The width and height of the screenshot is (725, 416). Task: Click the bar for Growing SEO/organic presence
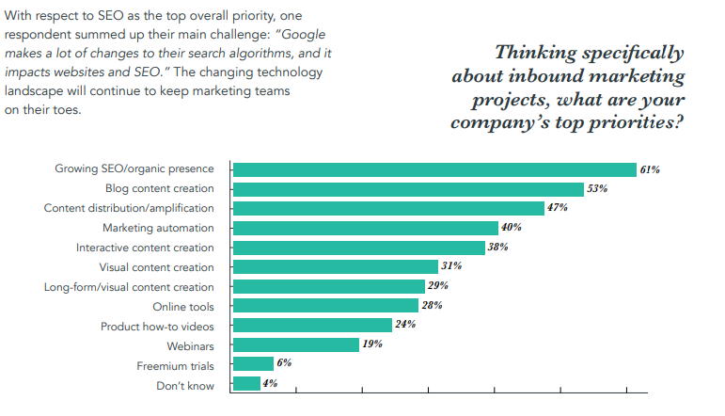coord(434,169)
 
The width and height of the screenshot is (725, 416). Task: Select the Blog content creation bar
coord(408,189)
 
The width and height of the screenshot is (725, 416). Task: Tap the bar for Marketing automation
coord(365,228)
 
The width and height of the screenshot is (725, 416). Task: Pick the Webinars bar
coord(295,344)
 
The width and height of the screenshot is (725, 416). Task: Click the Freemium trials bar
coord(253,363)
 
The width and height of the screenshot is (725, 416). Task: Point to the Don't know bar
coord(246,383)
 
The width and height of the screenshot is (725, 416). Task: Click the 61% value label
coord(650,169)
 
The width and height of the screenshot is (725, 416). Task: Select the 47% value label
coord(558,208)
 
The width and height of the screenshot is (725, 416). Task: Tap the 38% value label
coord(498,248)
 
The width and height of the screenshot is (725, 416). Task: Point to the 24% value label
coord(405,326)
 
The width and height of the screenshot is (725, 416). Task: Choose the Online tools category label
coord(183,307)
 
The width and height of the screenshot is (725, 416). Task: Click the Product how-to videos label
coord(157,326)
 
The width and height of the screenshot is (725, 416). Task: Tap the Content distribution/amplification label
coord(129,208)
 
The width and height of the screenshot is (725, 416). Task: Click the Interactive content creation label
coord(145,248)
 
